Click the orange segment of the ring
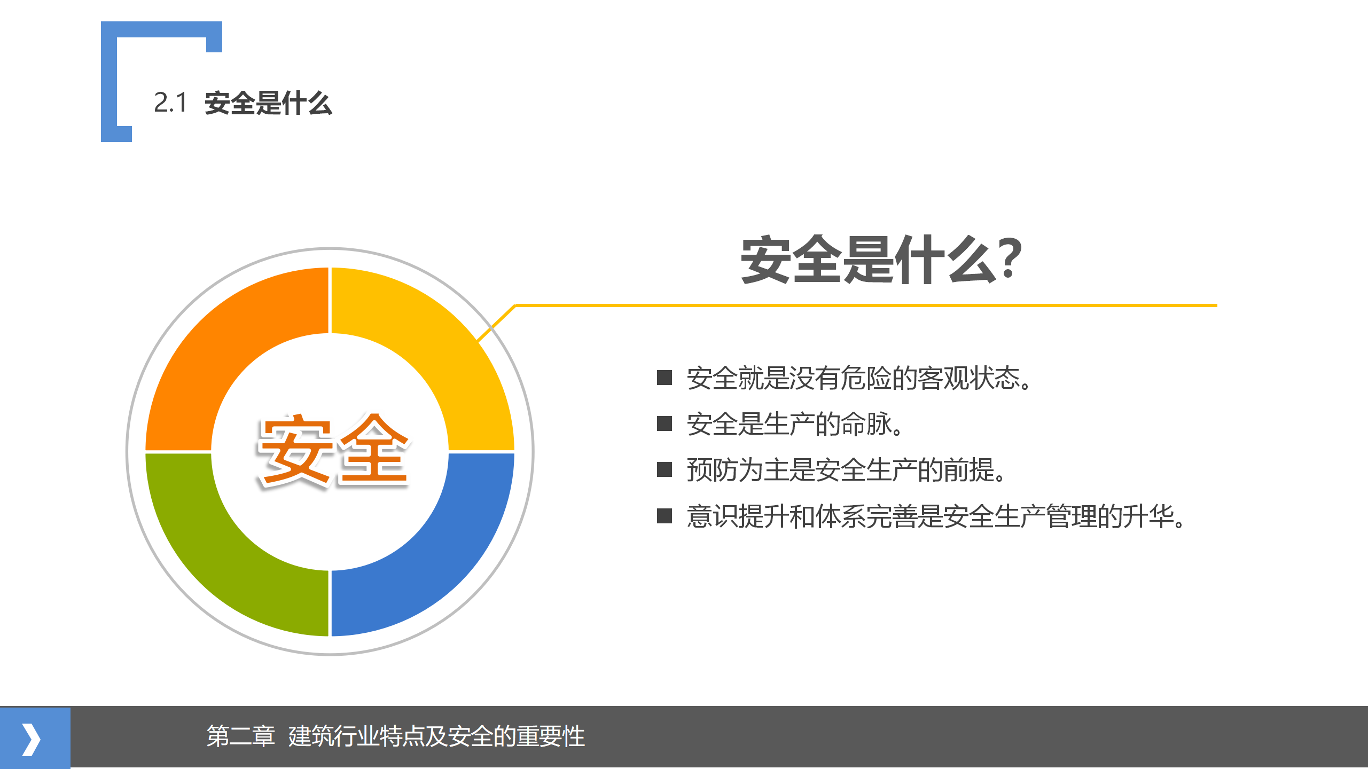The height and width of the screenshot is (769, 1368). [x=214, y=336]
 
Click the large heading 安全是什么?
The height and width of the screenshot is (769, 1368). [x=881, y=260]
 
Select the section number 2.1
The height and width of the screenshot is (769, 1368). [x=170, y=103]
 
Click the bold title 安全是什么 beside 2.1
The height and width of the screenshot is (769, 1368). [x=268, y=103]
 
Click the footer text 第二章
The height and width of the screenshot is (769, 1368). [x=240, y=736]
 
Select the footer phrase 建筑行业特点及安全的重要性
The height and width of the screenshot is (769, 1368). [x=436, y=736]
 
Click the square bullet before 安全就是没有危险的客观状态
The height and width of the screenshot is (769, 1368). [x=665, y=378]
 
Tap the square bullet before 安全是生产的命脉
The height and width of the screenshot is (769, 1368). [x=665, y=423]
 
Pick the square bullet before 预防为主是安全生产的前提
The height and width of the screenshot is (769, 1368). [x=665, y=469]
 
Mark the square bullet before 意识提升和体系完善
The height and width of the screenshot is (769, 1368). [x=665, y=516]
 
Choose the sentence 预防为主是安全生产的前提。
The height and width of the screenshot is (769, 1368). [x=847, y=470]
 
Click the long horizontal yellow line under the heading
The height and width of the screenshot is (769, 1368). [x=866, y=305]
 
